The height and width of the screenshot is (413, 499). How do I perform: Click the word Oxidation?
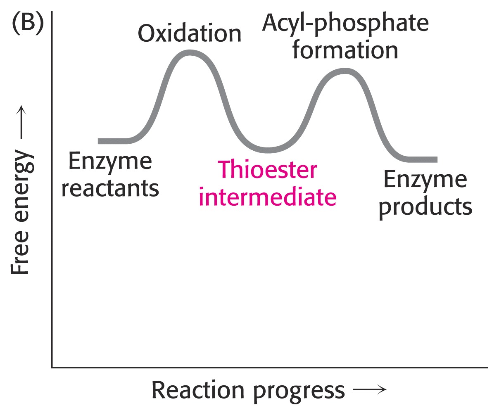[x=190, y=34]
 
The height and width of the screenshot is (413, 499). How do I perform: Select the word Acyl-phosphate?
[x=345, y=24]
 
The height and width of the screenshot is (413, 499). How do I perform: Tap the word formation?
[x=345, y=50]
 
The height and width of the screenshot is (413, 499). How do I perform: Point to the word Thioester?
[x=267, y=170]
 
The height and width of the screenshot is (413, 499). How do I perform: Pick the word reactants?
[x=110, y=189]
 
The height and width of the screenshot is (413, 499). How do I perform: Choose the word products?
[x=425, y=207]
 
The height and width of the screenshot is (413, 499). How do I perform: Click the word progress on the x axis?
[x=299, y=393]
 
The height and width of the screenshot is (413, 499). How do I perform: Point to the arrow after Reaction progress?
[x=369, y=389]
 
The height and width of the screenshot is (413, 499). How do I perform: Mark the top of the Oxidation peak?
[x=189, y=52]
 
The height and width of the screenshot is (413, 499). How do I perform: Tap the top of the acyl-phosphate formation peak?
[x=345, y=71]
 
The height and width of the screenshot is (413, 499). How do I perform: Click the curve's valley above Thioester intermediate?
[x=268, y=150]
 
